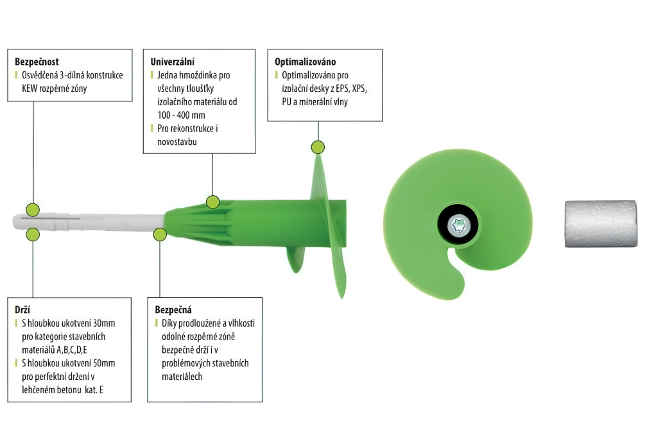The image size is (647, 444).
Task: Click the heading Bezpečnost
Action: coord(37,62)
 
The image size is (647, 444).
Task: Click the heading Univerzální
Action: coord(172,62)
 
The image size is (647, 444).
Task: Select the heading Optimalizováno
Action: coord(306,62)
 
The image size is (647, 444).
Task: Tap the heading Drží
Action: coord(22,310)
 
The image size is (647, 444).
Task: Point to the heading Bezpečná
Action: coord(173,310)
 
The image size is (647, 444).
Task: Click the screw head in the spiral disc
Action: coord(458,225)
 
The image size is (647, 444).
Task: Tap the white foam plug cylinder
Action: coord(601,224)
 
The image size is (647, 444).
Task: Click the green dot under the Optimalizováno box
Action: coord(318,147)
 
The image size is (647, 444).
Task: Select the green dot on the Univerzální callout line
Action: coord(212,201)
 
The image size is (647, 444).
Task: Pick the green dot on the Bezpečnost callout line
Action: coord(33,210)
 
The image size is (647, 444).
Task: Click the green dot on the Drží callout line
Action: coord(33,234)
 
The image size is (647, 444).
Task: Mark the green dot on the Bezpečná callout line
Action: coord(160,234)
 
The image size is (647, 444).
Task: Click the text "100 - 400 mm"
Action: coord(181,115)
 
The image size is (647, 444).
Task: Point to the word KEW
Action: coord(30,89)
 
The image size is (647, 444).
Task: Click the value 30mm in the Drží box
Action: coord(104,323)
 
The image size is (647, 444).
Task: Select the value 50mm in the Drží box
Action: coord(104,363)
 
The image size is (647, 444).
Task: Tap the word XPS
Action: coord(359,89)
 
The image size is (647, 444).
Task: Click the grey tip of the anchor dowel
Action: coord(17,221)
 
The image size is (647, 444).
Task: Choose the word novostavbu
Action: coord(177,142)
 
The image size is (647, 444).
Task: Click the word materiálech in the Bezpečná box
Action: coord(182,377)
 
